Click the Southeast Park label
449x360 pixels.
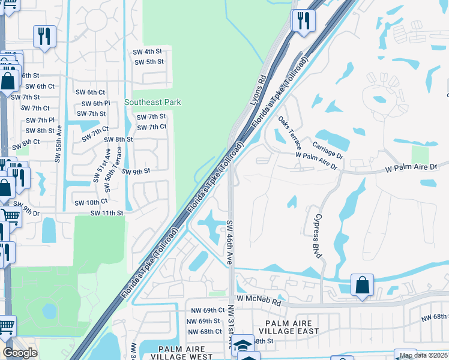[x=152, y=103]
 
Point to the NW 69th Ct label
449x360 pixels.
[x=205, y=310]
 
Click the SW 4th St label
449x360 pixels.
[x=149, y=52]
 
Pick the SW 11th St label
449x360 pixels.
[x=107, y=213]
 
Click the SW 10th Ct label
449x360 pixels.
[x=91, y=203]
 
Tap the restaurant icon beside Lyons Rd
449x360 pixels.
[x=303, y=20]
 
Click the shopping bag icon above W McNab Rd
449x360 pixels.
[x=363, y=285]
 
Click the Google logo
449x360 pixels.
[x=20, y=353]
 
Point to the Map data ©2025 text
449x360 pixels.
[x=423, y=356]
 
